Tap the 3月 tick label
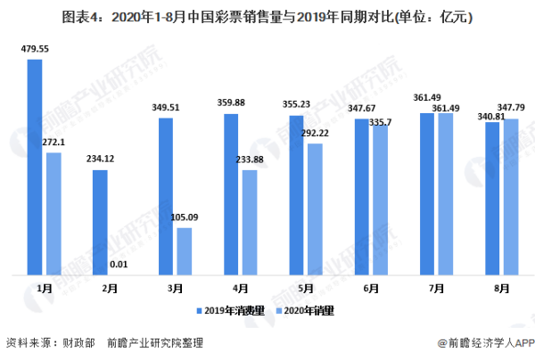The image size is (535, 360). point(175,289)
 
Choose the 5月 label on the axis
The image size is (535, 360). point(306,289)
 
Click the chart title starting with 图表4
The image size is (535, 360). point(267,16)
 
